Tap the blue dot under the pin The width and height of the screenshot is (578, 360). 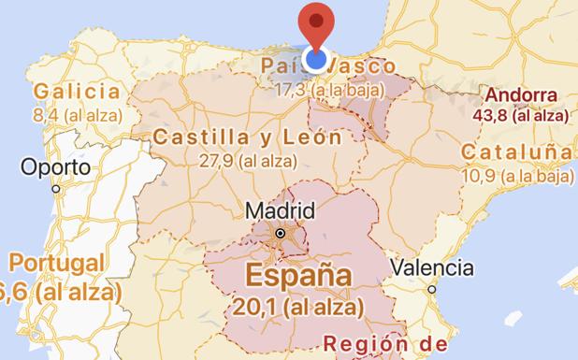[x=318, y=61]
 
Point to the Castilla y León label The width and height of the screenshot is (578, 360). [x=247, y=137]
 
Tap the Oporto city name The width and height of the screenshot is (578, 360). [x=57, y=168]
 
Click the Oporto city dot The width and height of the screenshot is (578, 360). [x=56, y=189]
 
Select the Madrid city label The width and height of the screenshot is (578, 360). [x=280, y=210]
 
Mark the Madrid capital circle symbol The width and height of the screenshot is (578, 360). [x=280, y=233]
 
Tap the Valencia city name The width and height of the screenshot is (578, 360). [x=432, y=267]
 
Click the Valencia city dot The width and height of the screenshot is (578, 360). [x=432, y=290]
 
